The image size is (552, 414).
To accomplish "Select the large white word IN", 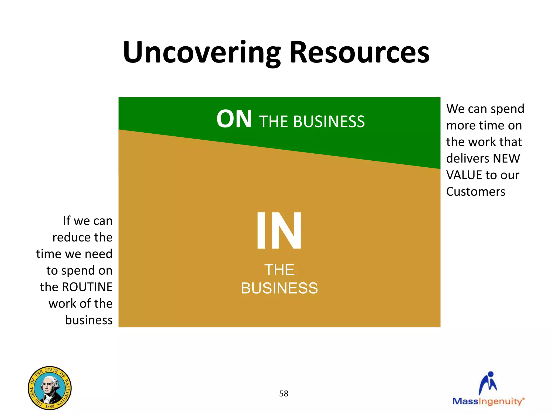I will click(x=279, y=231).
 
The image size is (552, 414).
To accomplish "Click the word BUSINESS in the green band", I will click(x=329, y=122).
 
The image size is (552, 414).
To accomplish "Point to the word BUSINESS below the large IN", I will click(x=279, y=288).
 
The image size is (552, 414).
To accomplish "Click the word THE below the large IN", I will click(x=279, y=270).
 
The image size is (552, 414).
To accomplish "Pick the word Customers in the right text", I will click(x=476, y=192).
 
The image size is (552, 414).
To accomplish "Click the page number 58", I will click(x=284, y=394).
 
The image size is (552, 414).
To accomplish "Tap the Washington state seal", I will click(x=50, y=388).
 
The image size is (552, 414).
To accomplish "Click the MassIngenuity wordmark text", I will click(x=488, y=401).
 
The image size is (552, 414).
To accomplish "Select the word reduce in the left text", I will click(x=68, y=237).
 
